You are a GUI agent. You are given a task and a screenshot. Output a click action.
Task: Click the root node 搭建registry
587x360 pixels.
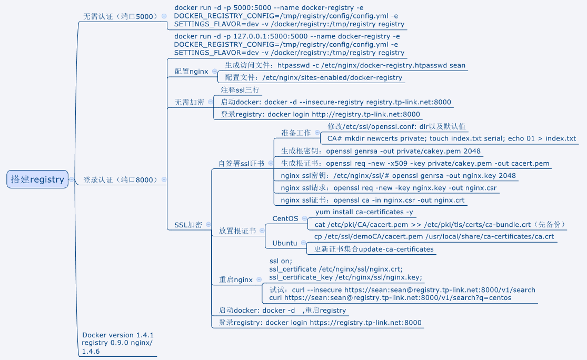pyautogui.click(x=37, y=179)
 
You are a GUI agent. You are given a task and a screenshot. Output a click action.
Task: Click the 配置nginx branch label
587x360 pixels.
pyautogui.click(x=191, y=71)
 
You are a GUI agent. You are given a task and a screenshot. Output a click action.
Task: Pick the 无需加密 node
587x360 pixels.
pyautogui.click(x=190, y=102)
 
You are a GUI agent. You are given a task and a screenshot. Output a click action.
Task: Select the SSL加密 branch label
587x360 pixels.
pyautogui.click(x=188, y=225)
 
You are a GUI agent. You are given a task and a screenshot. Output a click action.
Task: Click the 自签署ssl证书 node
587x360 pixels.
pyautogui.click(x=242, y=163)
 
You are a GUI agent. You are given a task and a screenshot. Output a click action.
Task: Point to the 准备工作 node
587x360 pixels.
pyautogui.click(x=296, y=133)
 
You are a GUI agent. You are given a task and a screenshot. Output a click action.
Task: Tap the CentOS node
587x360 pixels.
pyautogui.click(x=285, y=218)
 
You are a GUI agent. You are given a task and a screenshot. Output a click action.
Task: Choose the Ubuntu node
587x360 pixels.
pyautogui.click(x=284, y=243)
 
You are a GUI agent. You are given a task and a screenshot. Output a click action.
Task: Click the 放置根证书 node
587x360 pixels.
pyautogui.click(x=238, y=231)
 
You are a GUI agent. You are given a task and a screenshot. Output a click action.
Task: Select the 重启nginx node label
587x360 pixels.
pyautogui.click(x=236, y=279)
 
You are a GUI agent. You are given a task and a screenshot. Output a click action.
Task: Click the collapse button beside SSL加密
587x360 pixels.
pyautogui.click(x=208, y=225)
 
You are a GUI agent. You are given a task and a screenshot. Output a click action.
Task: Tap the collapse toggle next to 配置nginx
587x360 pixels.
pyautogui.click(x=214, y=71)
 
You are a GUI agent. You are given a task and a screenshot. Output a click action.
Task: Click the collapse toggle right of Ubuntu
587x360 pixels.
pyautogui.click(x=304, y=243)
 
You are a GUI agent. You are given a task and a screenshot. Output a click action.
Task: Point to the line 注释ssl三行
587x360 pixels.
pyautogui.click(x=240, y=90)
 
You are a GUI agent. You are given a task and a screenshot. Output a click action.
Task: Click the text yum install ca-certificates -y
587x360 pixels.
pyautogui.click(x=364, y=212)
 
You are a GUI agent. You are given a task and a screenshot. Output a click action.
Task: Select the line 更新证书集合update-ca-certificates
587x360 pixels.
pyautogui.click(x=374, y=249)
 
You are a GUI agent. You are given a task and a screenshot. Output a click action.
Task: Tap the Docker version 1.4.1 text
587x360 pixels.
pyautogui.click(x=118, y=335)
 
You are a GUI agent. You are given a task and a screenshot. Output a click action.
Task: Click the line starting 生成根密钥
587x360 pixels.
pyautogui.click(x=381, y=151)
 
